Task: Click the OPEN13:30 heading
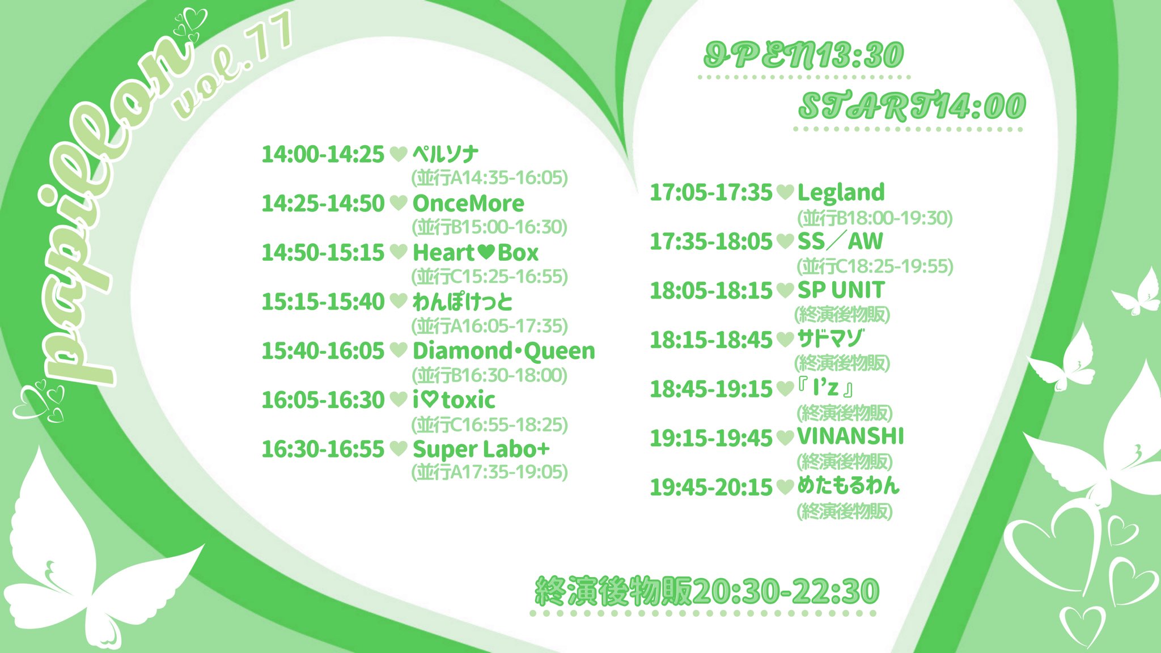[x=803, y=56]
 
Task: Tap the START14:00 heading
[x=912, y=107]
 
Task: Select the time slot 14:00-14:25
[x=323, y=154]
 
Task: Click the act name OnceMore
[x=468, y=203]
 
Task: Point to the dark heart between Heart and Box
[x=486, y=252]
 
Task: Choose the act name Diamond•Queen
[x=504, y=351]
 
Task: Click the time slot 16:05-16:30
[x=323, y=400]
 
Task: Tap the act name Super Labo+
[x=481, y=450]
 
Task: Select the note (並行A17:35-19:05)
[x=489, y=472]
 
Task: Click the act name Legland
[x=841, y=193]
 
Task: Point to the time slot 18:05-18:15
[x=711, y=291]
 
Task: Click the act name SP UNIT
[x=841, y=290]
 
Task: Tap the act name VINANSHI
[x=850, y=436]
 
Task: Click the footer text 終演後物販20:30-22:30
[x=707, y=591]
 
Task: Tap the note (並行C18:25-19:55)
[x=875, y=266]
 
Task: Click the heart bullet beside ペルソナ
[x=399, y=154]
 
